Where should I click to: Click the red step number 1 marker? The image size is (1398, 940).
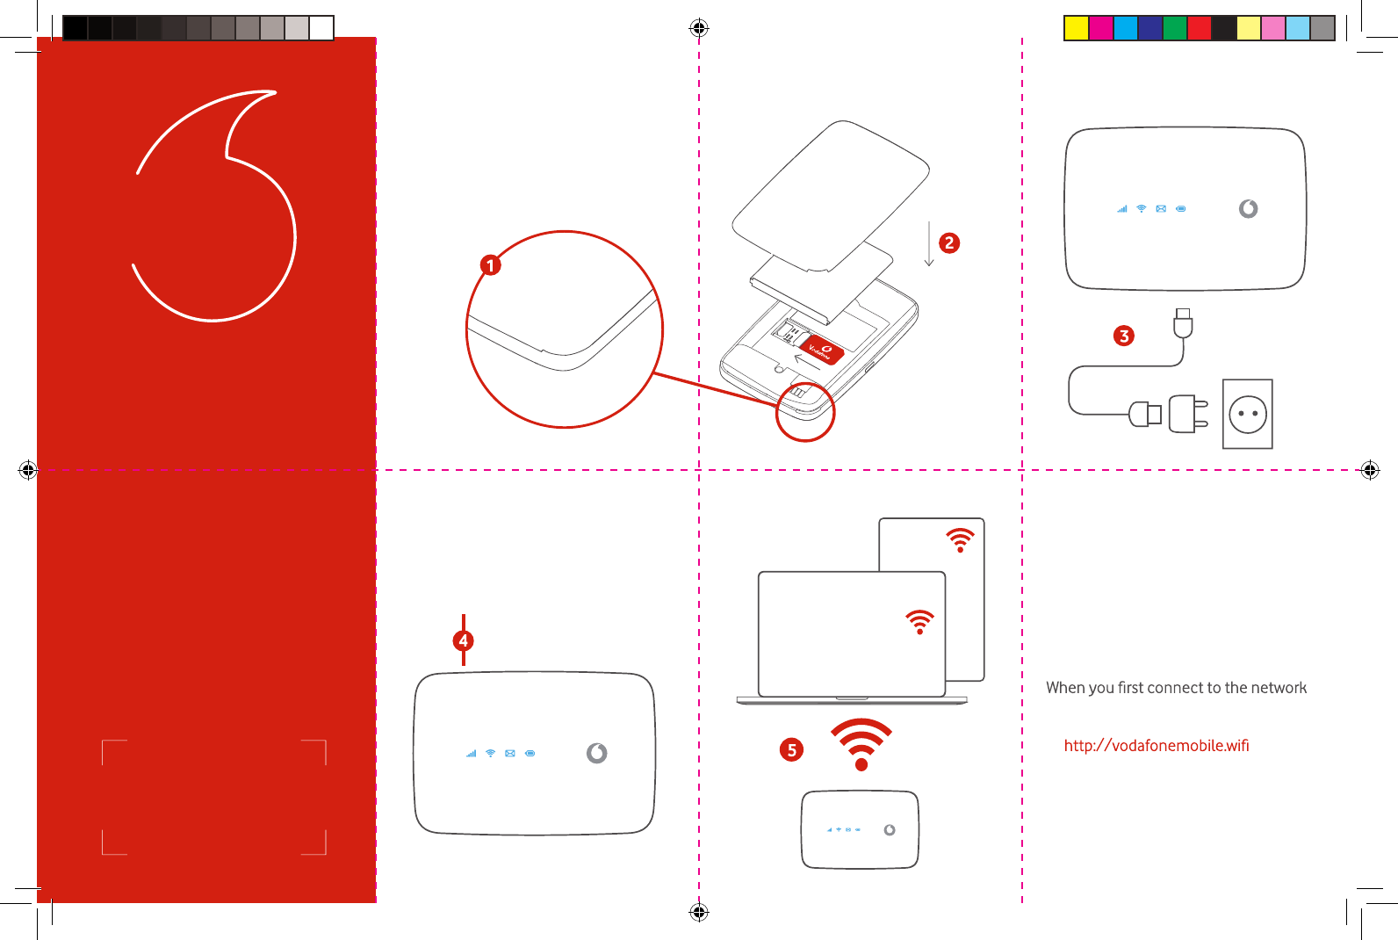pyautogui.click(x=491, y=265)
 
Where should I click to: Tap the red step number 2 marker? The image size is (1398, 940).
pyautogui.click(x=949, y=242)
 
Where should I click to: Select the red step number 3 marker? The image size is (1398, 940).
pyautogui.click(x=1124, y=336)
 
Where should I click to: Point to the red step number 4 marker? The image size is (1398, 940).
pyautogui.click(x=463, y=641)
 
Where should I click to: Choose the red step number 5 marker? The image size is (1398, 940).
pyautogui.click(x=791, y=749)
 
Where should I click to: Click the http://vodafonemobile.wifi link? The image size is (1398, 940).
pyautogui.click(x=1157, y=746)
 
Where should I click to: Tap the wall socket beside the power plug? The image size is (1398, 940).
pyautogui.click(x=1248, y=414)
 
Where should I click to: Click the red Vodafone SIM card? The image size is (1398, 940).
pyautogui.click(x=823, y=351)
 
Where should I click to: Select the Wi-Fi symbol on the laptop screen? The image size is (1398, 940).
pyautogui.click(x=920, y=622)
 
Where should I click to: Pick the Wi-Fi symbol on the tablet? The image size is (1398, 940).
pyautogui.click(x=960, y=540)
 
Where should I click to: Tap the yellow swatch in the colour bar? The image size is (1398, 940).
pyautogui.click(x=1077, y=28)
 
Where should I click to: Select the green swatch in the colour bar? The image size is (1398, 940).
pyautogui.click(x=1175, y=28)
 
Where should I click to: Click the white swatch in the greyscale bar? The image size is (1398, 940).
pyautogui.click(x=321, y=28)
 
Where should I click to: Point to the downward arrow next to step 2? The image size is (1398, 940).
pyautogui.click(x=929, y=243)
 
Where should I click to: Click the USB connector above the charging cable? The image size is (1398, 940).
pyautogui.click(x=1183, y=322)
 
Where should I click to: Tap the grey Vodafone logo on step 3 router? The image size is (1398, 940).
pyautogui.click(x=1248, y=208)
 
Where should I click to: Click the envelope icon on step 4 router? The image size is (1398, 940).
pyautogui.click(x=510, y=754)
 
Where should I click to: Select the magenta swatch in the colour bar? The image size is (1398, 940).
pyautogui.click(x=1101, y=28)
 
